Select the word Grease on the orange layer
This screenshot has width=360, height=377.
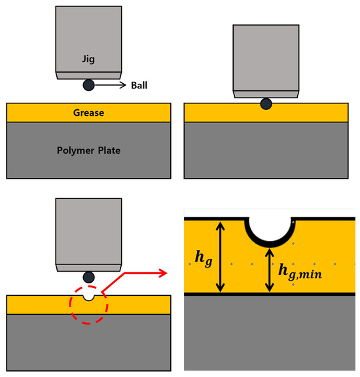coord(88,113)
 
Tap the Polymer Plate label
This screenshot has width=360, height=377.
coord(88,150)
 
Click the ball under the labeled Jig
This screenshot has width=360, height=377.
coord(88,85)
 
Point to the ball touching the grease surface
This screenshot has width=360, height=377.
coord(266,103)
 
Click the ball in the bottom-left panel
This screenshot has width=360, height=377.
coord(88,277)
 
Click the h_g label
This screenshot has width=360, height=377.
coord(204,258)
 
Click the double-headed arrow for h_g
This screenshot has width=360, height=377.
coord(221,257)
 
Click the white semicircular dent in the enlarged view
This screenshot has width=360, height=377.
coord(269,228)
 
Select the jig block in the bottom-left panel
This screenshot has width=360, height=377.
coord(88,232)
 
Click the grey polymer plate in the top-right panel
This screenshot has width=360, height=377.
coord(266,150)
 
